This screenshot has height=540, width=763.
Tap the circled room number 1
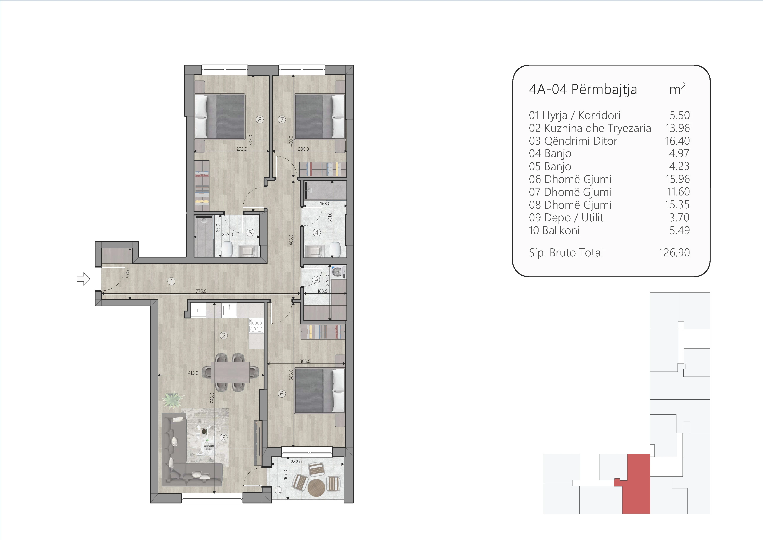click(171, 282)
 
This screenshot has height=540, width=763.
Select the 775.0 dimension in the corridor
click(201, 291)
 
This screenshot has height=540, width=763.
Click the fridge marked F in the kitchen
click(198, 310)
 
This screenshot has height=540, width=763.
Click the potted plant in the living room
click(173, 401)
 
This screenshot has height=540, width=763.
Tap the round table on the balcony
click(316, 488)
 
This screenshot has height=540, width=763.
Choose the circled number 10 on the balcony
click(278, 490)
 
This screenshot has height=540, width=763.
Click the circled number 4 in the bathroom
click(317, 233)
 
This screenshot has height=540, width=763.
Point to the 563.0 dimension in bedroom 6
click(291, 375)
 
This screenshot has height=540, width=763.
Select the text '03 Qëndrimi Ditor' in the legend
click(573, 141)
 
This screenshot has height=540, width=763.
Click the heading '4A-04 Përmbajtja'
click(583, 89)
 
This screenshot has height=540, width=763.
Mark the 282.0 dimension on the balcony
click(296, 462)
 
